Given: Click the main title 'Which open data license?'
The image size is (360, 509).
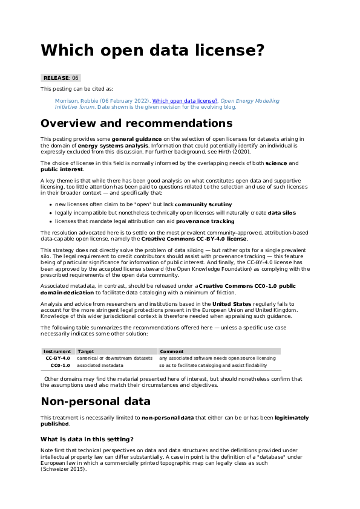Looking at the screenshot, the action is tap(152, 50).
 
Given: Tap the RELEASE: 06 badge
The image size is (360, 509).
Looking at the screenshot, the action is tap(61, 78).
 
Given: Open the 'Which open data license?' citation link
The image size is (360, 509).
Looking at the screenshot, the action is tap(185, 101).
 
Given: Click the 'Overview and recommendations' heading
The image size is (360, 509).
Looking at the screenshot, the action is tap(136, 123).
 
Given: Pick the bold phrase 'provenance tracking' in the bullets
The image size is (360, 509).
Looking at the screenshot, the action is tap(206, 204).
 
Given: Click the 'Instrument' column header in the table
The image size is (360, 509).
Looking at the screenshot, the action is tap(57, 351).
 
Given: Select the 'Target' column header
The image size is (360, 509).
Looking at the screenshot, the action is tap(86, 351).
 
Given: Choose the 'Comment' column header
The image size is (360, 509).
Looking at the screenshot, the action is tap(171, 351).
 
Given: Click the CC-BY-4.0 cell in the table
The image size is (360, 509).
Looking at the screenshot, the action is tap(59, 358).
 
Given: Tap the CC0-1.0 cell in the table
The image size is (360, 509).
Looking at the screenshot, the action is tap(61, 366).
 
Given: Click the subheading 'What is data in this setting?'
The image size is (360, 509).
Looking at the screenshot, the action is tap(87, 439).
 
